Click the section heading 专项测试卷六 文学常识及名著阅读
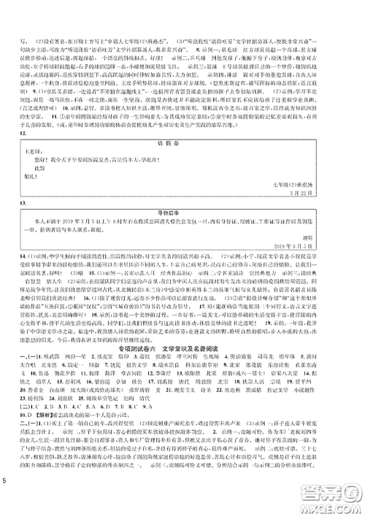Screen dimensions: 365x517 click(x=183, y=369)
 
